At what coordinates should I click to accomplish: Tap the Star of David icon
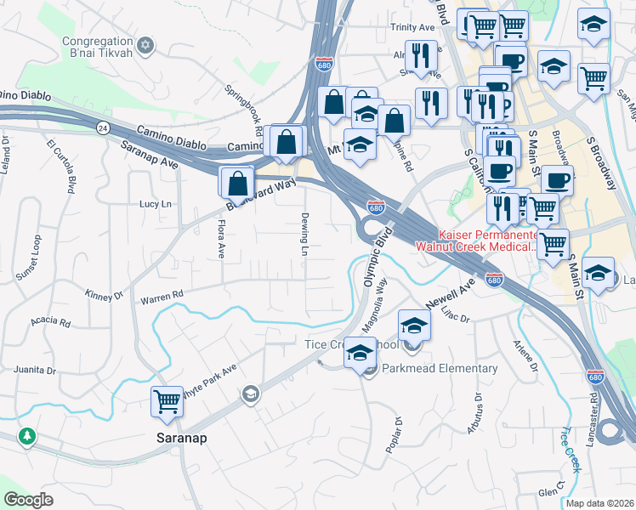coord(145,44)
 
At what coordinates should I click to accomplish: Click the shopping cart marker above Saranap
coord(167,400)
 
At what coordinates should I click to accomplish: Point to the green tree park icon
coord(28,436)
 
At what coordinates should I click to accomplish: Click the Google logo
coord(28,500)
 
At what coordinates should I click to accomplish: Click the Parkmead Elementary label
coord(440,368)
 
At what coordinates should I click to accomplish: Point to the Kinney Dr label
coord(104,294)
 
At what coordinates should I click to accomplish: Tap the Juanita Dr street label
coord(35,371)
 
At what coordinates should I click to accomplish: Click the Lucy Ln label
coord(156,204)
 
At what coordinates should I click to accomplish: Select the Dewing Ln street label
coord(304,234)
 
